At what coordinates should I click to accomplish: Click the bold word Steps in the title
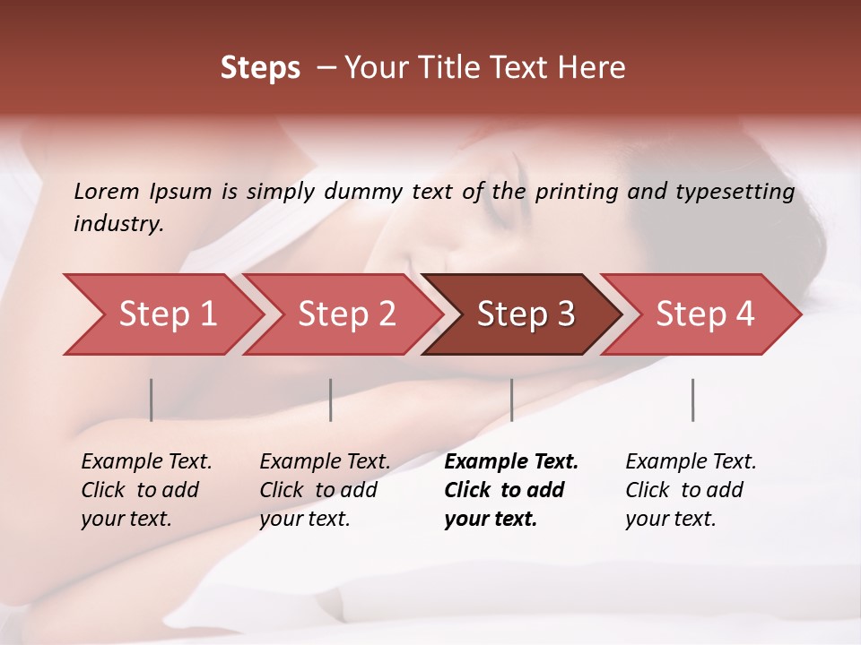(x=260, y=68)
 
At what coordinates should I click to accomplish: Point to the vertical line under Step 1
(x=152, y=400)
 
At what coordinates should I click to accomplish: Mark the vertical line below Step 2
(x=331, y=400)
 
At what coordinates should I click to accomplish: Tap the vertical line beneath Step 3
(x=511, y=400)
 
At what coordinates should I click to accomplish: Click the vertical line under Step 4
(x=692, y=400)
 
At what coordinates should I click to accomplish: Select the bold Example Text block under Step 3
(x=510, y=490)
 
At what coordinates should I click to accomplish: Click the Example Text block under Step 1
(x=146, y=490)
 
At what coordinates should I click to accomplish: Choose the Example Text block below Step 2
(x=325, y=490)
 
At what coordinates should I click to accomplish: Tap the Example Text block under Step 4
(x=691, y=490)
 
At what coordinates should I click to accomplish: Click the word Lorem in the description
(x=107, y=192)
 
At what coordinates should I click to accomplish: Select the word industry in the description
(x=118, y=224)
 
